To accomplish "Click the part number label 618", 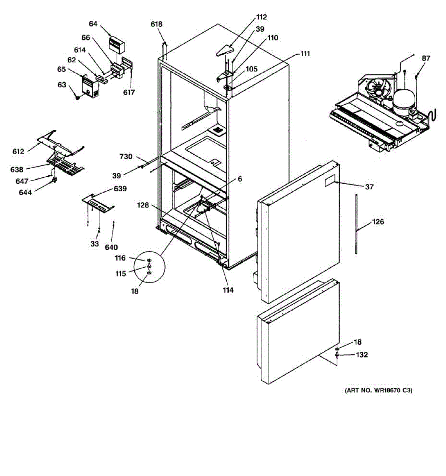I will pos(156,24).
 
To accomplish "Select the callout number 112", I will pos(261,17).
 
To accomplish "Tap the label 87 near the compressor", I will pos(425,58).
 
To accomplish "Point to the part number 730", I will pos(126,157).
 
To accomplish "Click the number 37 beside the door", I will pos(369,187).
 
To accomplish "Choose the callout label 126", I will pos(378,222).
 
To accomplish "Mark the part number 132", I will pos(362,355).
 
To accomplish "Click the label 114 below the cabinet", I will pos(228,290).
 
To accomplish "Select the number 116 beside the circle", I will pos(120,258).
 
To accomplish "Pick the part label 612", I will pos(18,152).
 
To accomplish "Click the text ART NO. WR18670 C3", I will pos(378,391).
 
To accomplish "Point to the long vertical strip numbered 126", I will pos(356,224).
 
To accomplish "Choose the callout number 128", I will pos(143,205).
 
